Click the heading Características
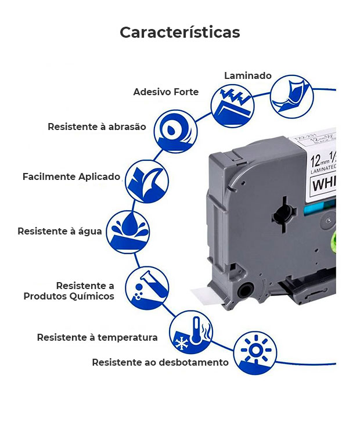coord(179,32)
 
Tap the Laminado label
coord(248,76)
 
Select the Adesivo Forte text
coord(165,92)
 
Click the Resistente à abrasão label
coord(97,127)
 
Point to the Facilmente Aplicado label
coord(71,176)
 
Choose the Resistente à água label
coord(60,231)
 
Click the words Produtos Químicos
coord(69,296)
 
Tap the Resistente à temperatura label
coord(97,337)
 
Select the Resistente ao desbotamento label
coord(160,362)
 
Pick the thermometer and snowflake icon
coord(190,332)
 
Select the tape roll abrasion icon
coord(175,133)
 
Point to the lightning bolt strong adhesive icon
coord(232,105)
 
